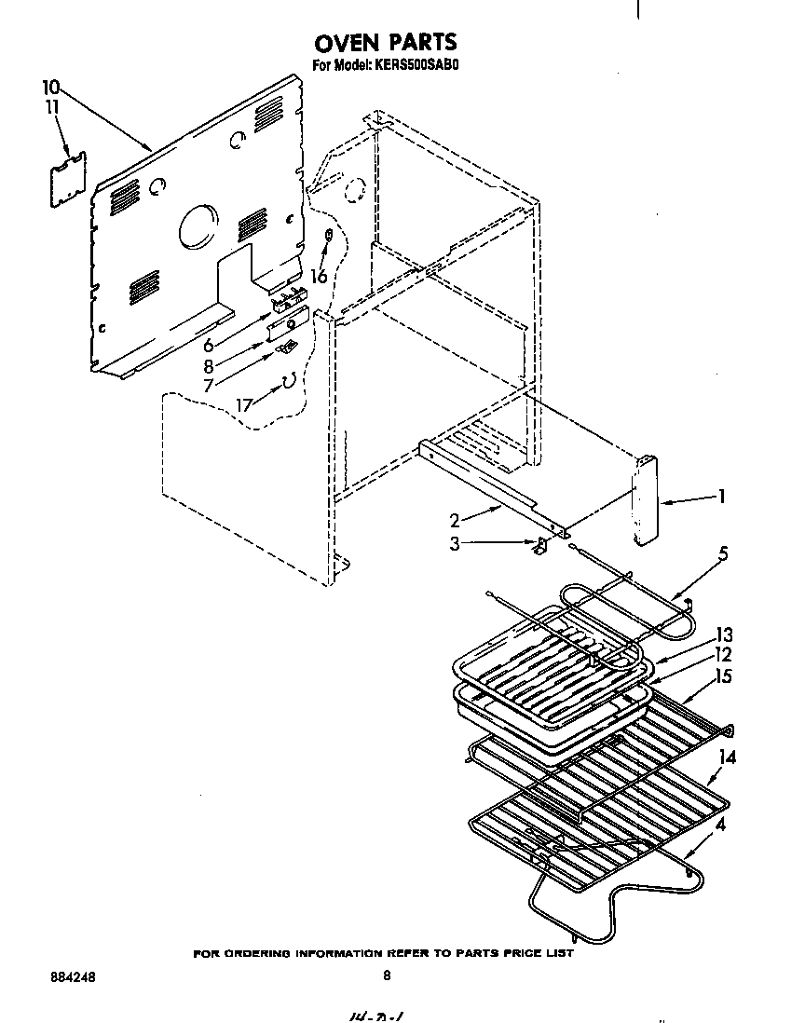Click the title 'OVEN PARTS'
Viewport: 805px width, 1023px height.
click(x=385, y=42)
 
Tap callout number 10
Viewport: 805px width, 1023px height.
click(x=51, y=88)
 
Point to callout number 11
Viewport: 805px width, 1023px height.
click(x=52, y=108)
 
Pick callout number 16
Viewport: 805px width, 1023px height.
click(x=319, y=277)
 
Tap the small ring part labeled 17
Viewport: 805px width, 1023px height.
click(x=289, y=378)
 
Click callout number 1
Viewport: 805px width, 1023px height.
click(x=721, y=497)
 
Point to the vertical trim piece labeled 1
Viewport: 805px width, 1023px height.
click(x=645, y=500)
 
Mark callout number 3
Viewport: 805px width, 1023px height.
click(x=454, y=544)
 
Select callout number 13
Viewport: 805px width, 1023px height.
click(x=723, y=635)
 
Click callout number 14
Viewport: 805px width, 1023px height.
click(x=727, y=757)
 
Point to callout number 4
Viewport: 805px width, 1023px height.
click(x=721, y=824)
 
